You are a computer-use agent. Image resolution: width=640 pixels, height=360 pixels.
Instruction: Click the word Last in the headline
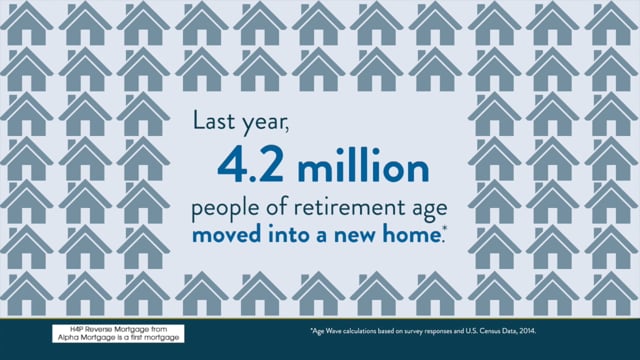(214, 121)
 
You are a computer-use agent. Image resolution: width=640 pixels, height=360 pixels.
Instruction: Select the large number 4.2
(250, 164)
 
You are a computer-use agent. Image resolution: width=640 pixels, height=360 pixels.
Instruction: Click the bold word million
(363, 163)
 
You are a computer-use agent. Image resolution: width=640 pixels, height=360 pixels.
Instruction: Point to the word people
(225, 209)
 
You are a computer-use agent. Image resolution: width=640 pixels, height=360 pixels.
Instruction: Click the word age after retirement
(429, 210)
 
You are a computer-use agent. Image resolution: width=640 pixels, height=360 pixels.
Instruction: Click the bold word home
(411, 234)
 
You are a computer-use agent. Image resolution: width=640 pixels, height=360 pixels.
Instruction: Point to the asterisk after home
(444, 230)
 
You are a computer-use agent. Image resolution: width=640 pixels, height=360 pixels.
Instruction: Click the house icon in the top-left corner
(27, 23)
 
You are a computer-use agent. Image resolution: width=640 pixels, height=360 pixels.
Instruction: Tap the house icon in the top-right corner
(611, 23)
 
